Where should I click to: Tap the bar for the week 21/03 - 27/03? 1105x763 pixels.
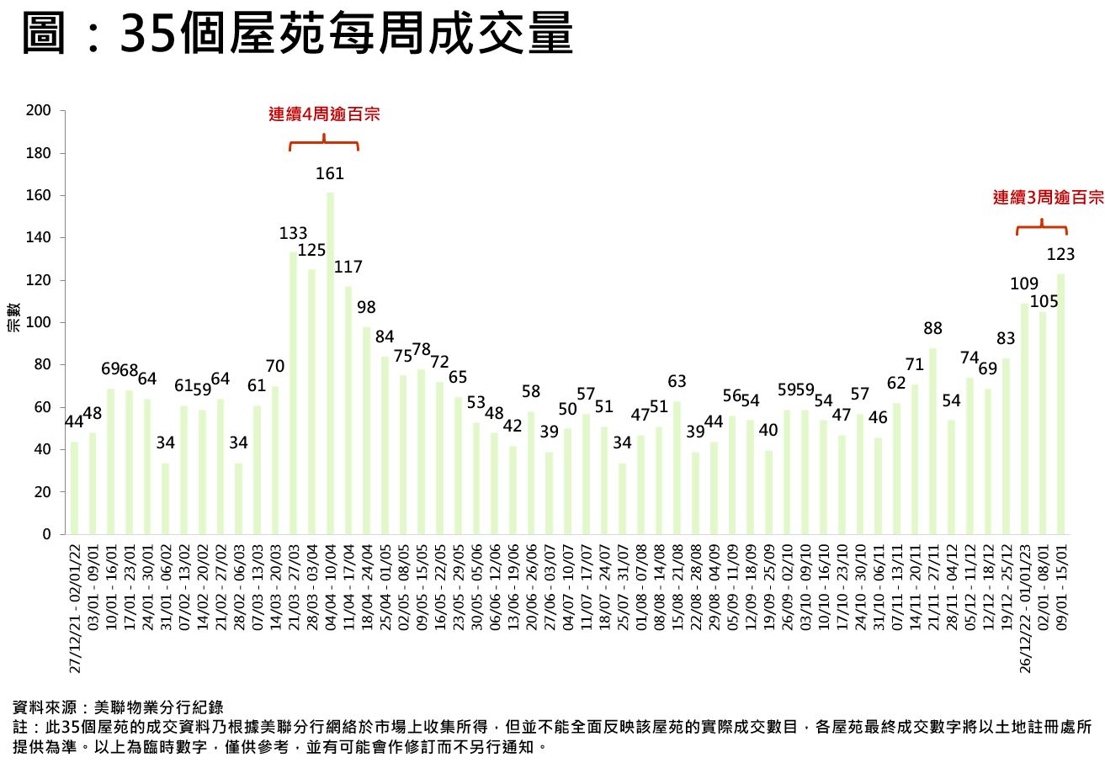click(x=294, y=393)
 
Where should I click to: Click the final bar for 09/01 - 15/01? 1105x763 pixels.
click(x=1060, y=404)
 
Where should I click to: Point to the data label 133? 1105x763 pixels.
click(x=294, y=233)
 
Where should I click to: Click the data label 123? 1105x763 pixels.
click(x=1061, y=254)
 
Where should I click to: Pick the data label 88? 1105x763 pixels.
click(x=932, y=328)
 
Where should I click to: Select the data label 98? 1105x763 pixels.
click(x=366, y=307)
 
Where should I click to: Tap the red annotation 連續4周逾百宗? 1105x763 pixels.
click(x=324, y=114)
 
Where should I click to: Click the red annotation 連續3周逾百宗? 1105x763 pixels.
click(x=1048, y=199)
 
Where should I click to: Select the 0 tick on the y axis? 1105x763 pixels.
click(x=48, y=534)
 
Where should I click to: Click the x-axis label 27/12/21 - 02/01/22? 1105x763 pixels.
click(x=75, y=607)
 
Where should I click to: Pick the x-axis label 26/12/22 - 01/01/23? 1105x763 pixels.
click(x=1025, y=607)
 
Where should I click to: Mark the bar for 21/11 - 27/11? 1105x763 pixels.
click(x=932, y=441)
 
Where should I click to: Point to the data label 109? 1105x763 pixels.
click(x=1024, y=284)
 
